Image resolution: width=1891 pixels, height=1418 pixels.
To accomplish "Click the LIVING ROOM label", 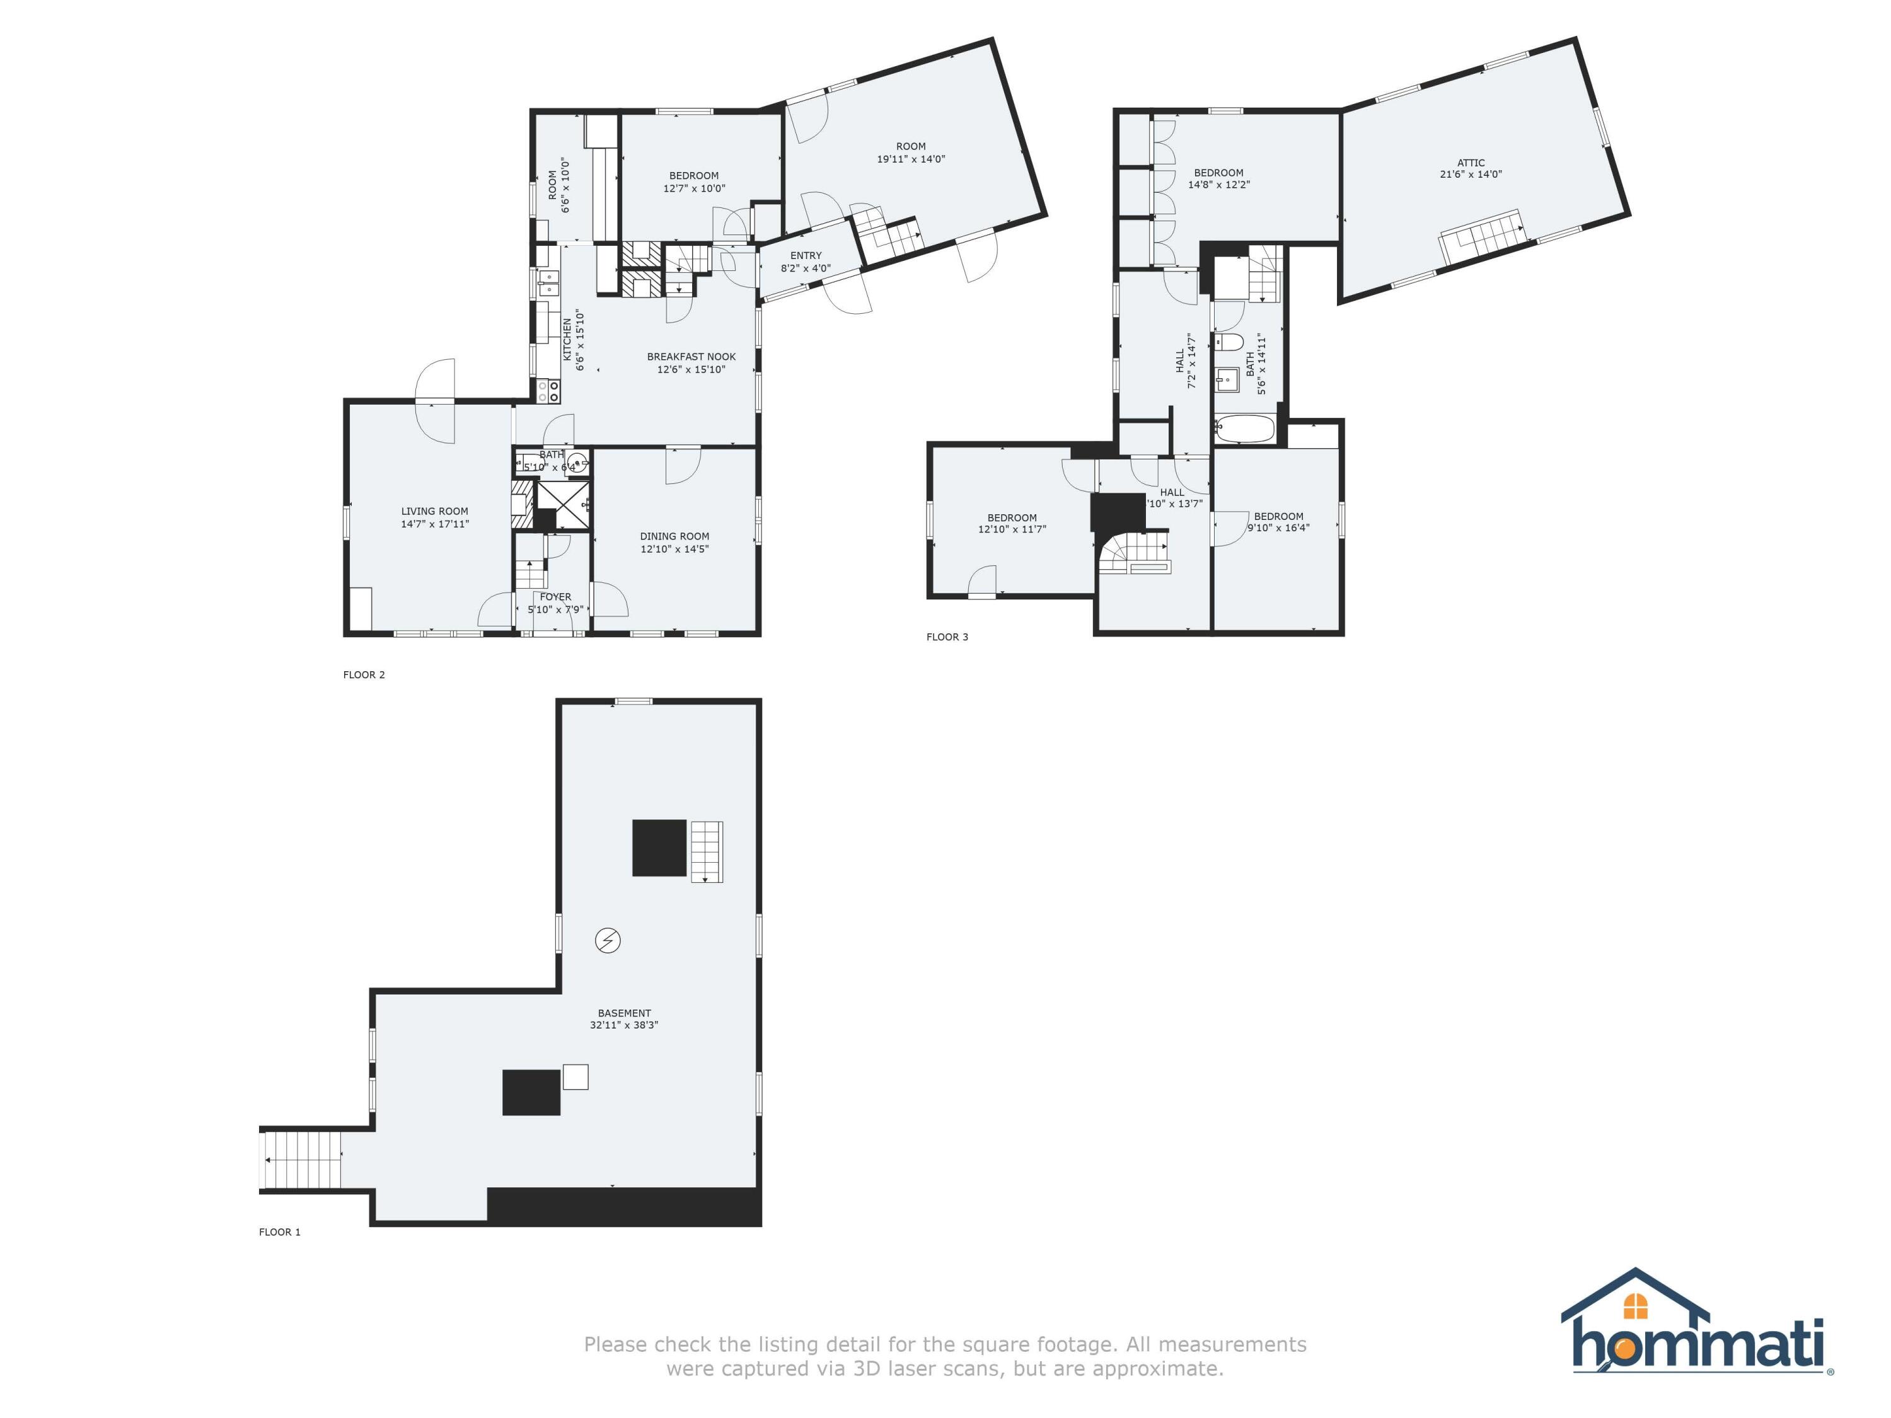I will [434, 511].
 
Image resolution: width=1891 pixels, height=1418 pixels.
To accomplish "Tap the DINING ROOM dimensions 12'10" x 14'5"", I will [674, 549].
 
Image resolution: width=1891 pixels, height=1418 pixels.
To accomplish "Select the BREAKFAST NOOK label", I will [691, 357].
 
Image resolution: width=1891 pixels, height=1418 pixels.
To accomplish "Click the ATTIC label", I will [1471, 163].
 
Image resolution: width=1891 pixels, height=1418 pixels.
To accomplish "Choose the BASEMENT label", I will [624, 1013].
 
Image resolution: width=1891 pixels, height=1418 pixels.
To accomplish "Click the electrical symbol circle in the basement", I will [608, 941].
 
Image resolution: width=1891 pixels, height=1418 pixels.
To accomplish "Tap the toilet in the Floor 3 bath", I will [1229, 343].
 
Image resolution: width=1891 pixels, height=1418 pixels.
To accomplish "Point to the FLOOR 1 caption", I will [279, 1231].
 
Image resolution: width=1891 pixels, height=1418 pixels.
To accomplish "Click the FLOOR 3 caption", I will [947, 637].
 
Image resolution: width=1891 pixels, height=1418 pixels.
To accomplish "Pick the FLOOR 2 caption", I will [364, 674].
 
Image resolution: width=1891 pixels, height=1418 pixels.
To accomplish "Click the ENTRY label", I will [806, 256].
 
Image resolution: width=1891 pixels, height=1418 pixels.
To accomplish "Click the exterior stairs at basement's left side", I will [300, 1160].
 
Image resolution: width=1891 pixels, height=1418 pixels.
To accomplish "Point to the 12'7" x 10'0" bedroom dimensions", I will [694, 188].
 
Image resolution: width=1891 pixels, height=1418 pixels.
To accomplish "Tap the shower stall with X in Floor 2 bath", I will [562, 506].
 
